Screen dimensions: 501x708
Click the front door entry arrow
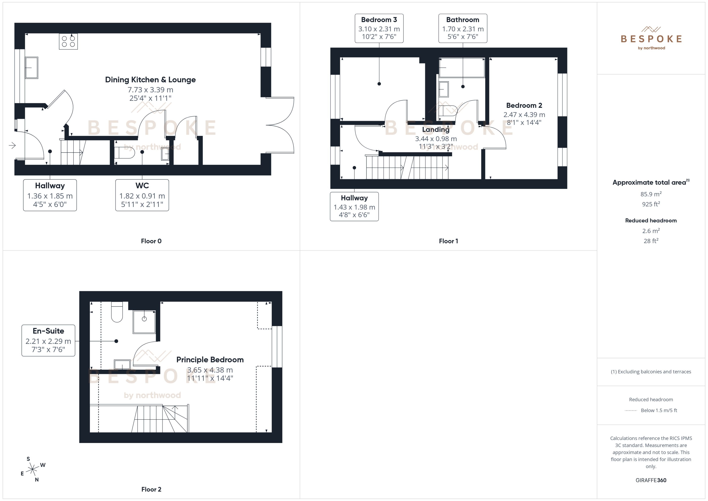[12, 145]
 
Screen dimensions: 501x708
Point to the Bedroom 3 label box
[379, 28]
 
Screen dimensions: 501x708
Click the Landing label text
[436, 130]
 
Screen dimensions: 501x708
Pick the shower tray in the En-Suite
[144, 322]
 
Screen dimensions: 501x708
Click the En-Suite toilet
[117, 312]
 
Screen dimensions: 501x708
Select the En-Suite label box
[48, 340]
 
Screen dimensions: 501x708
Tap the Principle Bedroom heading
[210, 360]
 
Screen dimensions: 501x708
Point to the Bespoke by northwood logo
[651, 38]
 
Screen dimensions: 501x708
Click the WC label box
[142, 195]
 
